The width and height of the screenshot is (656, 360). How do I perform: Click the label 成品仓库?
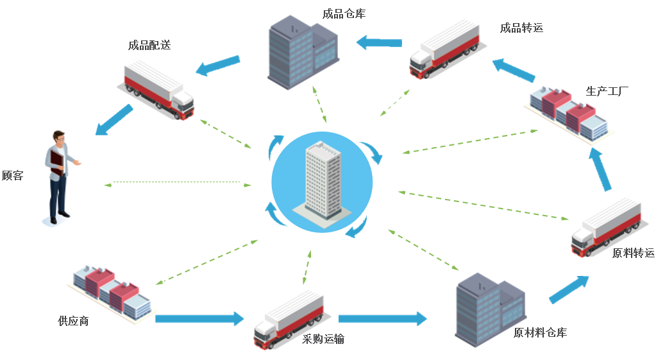[x=344, y=14]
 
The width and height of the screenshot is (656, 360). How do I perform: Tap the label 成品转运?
[x=522, y=28]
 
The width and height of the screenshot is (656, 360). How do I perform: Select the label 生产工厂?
[x=607, y=91]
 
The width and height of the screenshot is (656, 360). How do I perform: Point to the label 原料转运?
[x=634, y=253]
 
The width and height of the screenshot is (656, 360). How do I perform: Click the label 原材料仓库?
[x=540, y=332]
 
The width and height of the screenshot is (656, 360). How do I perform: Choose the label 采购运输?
[x=323, y=339]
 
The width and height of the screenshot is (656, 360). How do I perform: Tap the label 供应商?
[x=73, y=321]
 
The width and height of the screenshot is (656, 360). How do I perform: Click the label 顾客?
[x=13, y=175]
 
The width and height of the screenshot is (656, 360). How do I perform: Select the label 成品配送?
[x=149, y=45]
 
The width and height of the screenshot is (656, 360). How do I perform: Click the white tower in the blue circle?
[x=323, y=180]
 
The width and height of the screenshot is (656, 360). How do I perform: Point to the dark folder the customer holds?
[x=57, y=163]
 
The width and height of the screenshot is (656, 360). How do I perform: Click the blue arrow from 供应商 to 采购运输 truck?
[x=199, y=318]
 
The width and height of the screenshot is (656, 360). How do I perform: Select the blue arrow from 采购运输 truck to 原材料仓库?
[x=383, y=318]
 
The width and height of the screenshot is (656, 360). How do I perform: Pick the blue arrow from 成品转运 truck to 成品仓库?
[x=379, y=42]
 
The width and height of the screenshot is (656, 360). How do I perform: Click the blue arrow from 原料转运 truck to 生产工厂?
[x=600, y=169]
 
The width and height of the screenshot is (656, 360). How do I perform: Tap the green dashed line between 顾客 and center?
[x=178, y=183]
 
